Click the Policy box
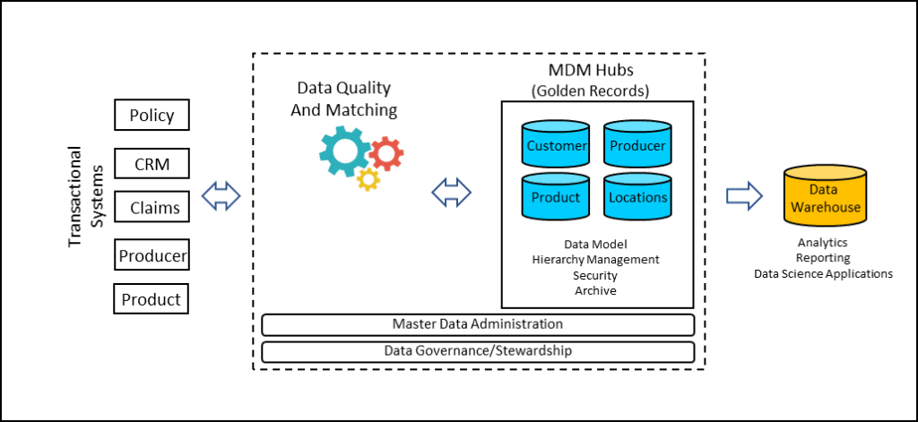152,116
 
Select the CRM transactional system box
152,164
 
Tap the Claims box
152,208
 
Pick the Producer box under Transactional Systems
152,256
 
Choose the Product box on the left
152,298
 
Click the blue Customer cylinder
557,145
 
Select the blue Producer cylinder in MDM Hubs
637,145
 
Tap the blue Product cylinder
557,197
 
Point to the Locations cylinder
637,197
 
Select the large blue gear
342,150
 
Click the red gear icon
385,154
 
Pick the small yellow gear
368,178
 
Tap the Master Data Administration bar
478,323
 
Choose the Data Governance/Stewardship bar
478,350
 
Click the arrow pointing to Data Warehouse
743,194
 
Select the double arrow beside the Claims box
221,195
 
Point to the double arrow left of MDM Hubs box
451,192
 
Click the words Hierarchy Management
595,260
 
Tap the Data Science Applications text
823,273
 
